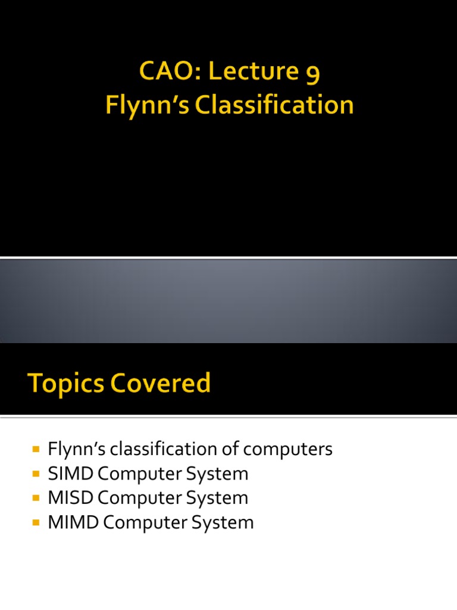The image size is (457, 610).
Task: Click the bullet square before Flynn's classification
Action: pyautogui.click(x=36, y=449)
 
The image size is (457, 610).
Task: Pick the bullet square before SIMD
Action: pyautogui.click(x=36, y=474)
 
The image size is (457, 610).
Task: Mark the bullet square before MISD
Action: pyautogui.click(x=36, y=498)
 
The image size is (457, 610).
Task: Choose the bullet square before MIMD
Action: pyautogui.click(x=36, y=522)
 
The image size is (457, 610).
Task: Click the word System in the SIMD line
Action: pyautogui.click(x=215, y=474)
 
